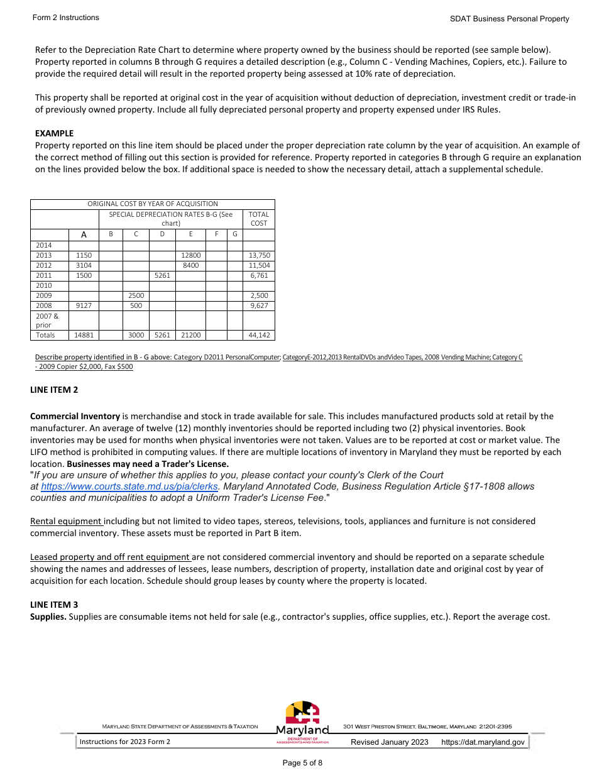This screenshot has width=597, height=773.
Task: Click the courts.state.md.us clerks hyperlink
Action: (x=129, y=486)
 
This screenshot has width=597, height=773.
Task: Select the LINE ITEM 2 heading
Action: (x=54, y=390)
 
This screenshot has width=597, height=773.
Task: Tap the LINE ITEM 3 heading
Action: (x=54, y=605)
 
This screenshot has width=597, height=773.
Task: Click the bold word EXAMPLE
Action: (x=54, y=133)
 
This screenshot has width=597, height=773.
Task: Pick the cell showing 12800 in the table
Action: (x=190, y=255)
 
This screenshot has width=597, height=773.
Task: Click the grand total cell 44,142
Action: (x=259, y=335)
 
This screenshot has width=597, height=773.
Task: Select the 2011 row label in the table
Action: (x=44, y=275)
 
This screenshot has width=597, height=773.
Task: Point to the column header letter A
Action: (x=84, y=234)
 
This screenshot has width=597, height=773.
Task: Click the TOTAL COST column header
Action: (x=259, y=219)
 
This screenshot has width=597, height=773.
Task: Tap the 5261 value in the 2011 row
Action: (x=162, y=275)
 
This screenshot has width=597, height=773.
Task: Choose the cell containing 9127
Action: (x=84, y=305)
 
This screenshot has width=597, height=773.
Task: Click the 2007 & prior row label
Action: (x=47, y=321)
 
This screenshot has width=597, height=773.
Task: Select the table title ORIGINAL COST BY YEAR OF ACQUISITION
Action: (x=153, y=204)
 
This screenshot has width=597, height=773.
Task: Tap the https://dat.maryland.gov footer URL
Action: (x=483, y=742)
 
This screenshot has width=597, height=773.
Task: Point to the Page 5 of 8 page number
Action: (x=302, y=763)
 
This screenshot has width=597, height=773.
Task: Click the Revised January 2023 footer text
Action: (x=390, y=742)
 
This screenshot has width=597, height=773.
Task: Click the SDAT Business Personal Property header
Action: (x=509, y=19)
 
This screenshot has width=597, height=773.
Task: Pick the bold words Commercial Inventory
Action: (x=75, y=416)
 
